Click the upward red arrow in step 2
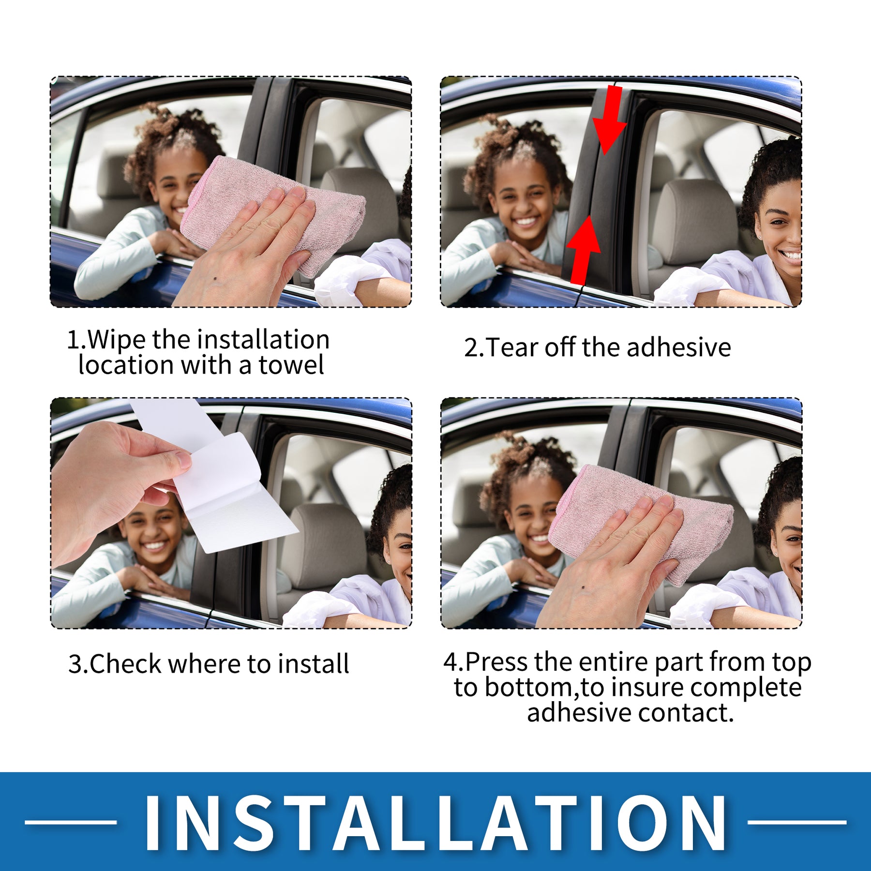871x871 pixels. (584, 249)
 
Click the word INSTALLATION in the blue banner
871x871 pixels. (435, 822)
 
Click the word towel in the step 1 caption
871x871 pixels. (291, 365)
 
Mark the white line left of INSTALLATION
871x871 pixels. (71, 822)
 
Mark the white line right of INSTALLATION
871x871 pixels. (796, 822)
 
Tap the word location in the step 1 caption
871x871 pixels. (126, 365)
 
